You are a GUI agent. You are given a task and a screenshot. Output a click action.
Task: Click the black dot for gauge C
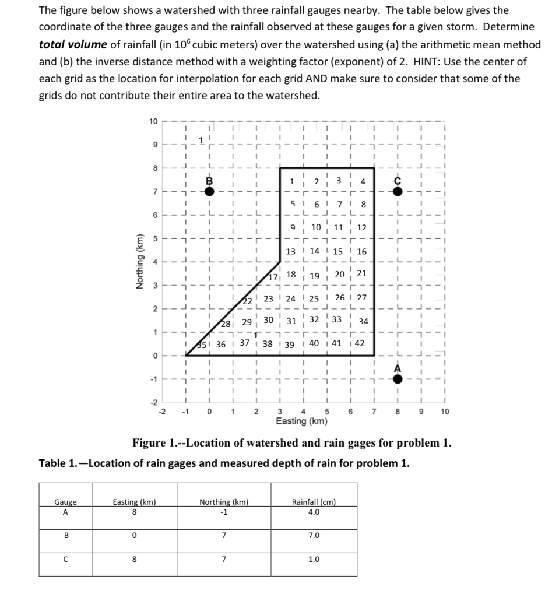tap(397, 191)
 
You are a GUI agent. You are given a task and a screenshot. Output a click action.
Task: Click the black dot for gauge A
tap(397, 379)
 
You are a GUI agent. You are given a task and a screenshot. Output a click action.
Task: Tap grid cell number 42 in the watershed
tap(360, 343)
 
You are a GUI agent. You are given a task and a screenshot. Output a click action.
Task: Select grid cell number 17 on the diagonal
tap(273, 277)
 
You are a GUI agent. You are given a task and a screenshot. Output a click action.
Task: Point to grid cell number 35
tap(204, 344)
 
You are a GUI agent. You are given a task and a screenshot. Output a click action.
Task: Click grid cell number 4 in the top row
tap(363, 181)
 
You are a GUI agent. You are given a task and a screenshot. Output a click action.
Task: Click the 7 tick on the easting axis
tap(374, 412)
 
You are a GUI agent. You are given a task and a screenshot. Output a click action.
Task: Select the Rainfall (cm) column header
tap(314, 502)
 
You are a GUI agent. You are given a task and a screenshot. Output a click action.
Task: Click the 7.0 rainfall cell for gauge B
tap(314, 535)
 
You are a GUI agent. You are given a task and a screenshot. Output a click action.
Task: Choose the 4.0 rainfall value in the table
tap(314, 512)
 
